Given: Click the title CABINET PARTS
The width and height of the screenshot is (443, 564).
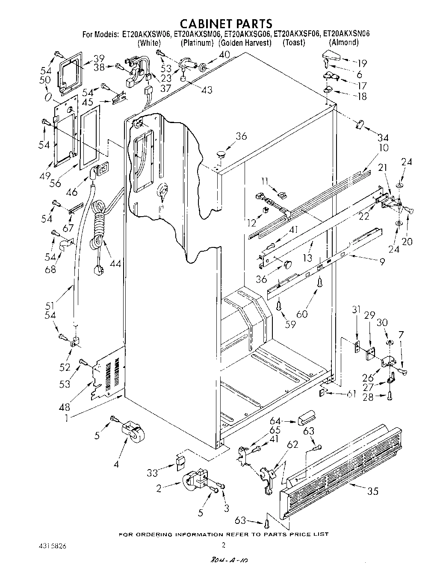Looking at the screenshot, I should click(x=225, y=23).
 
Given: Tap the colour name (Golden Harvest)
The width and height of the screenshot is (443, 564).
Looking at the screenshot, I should click(x=245, y=43).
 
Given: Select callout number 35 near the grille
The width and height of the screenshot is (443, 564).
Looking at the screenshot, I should click(x=373, y=491).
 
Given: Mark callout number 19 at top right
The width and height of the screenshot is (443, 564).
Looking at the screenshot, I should click(x=362, y=63).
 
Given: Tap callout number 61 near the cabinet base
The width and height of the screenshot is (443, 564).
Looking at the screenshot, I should click(x=351, y=394).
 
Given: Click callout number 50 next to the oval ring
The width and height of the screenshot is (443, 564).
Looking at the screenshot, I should click(x=45, y=80).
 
